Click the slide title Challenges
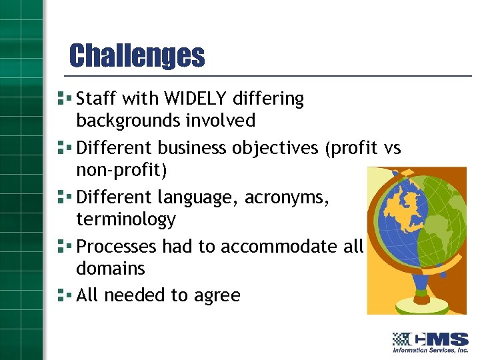point(137,55)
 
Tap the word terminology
point(126,219)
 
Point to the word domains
point(110,269)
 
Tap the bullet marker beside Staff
point(64,98)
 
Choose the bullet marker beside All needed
point(64,295)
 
